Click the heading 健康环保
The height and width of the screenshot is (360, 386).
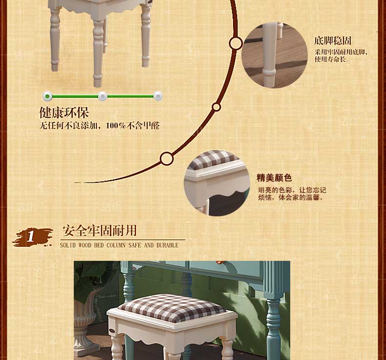click(x=64, y=113)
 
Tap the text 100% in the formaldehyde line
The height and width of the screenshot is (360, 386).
click(x=116, y=126)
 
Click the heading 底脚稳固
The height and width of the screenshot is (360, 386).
click(x=333, y=41)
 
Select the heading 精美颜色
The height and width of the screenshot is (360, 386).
click(x=274, y=178)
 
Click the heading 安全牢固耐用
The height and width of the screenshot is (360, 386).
click(x=100, y=231)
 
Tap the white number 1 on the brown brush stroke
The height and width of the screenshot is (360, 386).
click(x=30, y=236)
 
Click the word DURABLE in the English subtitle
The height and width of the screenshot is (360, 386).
click(x=168, y=245)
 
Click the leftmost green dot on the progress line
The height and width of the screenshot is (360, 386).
click(x=47, y=96)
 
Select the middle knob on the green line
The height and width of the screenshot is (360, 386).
click(x=103, y=96)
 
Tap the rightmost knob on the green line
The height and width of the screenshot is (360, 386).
click(x=158, y=96)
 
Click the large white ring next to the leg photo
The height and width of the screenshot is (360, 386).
click(x=236, y=43)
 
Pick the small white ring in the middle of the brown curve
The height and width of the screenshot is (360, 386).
click(x=216, y=107)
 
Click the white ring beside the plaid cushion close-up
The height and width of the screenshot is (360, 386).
click(x=167, y=159)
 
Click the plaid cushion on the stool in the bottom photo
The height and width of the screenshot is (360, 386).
click(x=172, y=308)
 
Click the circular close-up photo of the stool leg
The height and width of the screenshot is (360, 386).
click(x=275, y=55)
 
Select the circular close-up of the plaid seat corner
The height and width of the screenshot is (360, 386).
click(x=216, y=183)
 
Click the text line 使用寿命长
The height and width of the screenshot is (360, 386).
click(x=330, y=59)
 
